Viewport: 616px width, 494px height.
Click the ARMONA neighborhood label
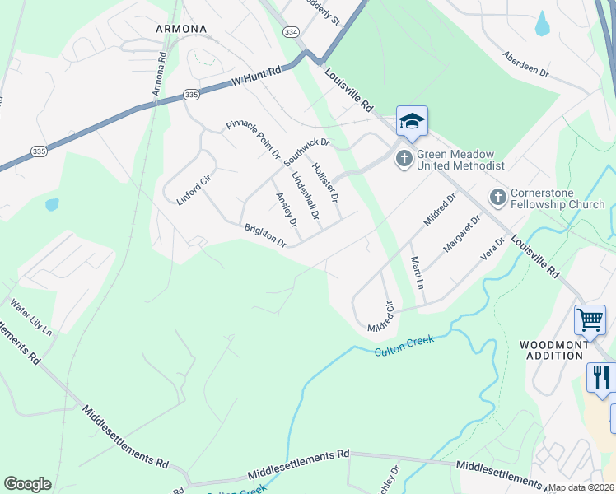coord(180,28)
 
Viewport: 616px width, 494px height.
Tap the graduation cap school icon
coord(412,122)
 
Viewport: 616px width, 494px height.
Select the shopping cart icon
coord(590,319)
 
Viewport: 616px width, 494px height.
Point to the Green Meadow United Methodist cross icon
coord(404,158)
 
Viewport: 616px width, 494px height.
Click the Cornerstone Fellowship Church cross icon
coord(497,197)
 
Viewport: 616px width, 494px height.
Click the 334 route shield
coord(289,31)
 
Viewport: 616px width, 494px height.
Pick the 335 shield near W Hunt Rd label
coord(191,95)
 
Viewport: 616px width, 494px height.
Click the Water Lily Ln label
coord(30,316)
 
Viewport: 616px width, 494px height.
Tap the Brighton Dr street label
coord(264,235)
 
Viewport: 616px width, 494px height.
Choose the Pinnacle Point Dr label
coord(254,140)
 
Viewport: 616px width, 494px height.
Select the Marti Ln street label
coord(418,273)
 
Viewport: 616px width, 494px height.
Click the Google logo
coord(27,484)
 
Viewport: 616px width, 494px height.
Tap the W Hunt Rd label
coord(256,77)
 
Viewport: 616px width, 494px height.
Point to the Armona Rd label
coord(161,73)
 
